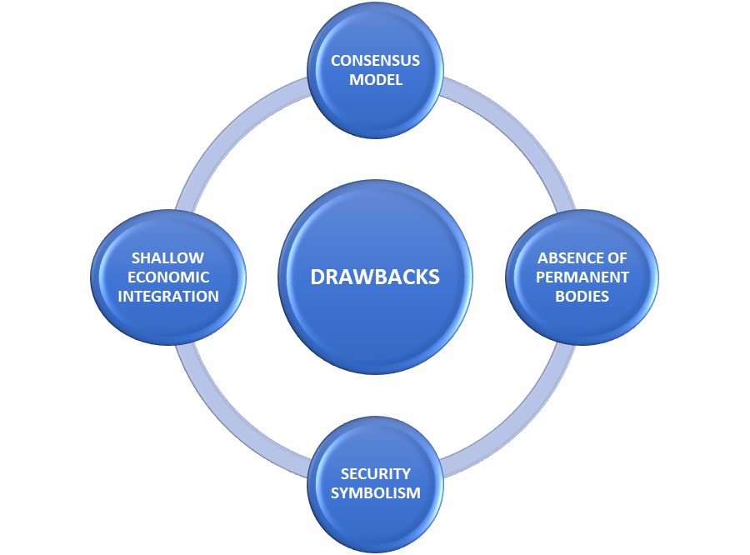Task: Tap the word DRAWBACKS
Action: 375,277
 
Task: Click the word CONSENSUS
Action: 375,61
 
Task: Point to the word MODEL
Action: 375,80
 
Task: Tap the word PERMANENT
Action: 582,277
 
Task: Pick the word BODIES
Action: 582,296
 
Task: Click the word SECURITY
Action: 375,474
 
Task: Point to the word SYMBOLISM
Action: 375,492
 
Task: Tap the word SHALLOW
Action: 168,258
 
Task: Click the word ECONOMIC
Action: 168,277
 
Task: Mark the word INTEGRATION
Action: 168,296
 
